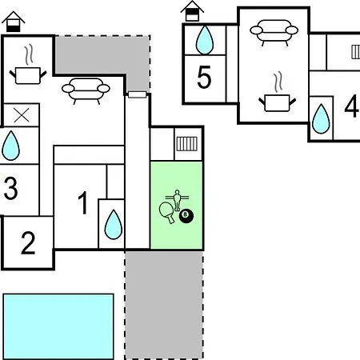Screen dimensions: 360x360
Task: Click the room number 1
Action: click(83, 202)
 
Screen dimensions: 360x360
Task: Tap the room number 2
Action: click(28, 242)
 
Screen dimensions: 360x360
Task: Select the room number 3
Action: click(10, 188)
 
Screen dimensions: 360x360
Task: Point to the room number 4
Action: click(351, 106)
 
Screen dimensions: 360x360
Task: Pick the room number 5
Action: click(204, 77)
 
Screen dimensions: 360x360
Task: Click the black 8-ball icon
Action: click(186, 216)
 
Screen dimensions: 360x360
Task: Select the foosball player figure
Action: click(177, 200)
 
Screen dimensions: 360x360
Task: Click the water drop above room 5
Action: click(205, 40)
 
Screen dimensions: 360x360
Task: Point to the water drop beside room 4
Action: click(321, 119)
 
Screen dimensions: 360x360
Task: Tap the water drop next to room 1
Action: click(114, 225)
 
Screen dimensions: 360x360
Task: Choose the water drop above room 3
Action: click(10, 146)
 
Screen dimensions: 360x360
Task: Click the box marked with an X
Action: click(22, 115)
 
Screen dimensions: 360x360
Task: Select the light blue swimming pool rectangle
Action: click(58, 326)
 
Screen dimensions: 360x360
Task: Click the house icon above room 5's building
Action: click(192, 11)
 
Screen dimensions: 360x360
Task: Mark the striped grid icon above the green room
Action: click(187, 144)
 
